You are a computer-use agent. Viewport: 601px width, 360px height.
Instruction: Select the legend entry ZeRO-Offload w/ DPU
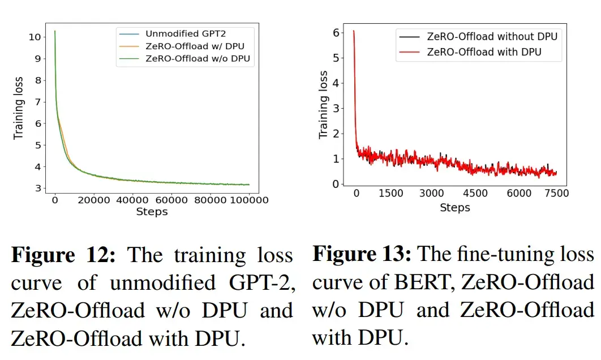(x=190, y=46)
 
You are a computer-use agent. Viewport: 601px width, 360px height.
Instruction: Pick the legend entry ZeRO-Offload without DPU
(x=492, y=37)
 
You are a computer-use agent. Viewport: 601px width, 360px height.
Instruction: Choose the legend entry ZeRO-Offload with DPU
(x=484, y=52)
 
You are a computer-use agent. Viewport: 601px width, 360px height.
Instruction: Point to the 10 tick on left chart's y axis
(x=34, y=37)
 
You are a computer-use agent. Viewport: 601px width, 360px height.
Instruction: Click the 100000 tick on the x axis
(x=249, y=200)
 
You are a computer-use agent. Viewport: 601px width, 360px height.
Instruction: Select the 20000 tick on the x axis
(x=94, y=200)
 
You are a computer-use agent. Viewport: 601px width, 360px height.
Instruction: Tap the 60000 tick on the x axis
(x=171, y=200)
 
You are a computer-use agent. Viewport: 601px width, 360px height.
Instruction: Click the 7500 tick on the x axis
(x=556, y=194)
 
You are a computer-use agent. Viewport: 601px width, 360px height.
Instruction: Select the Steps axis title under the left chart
(x=152, y=212)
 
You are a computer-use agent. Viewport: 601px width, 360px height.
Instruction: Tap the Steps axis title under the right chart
(x=455, y=208)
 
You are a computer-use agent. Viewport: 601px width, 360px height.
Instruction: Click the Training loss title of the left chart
(x=19, y=108)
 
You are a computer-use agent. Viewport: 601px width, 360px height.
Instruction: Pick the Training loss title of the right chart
(x=323, y=105)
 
